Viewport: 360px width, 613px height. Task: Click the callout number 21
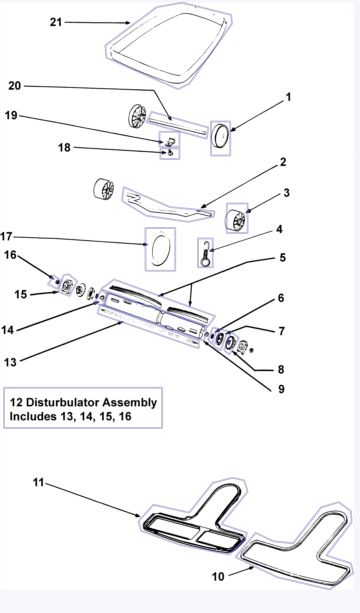click(56, 22)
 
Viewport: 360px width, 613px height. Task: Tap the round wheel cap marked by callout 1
click(220, 137)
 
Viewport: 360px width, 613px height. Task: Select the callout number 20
click(14, 85)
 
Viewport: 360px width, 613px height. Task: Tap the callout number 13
click(11, 361)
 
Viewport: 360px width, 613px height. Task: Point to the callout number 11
click(38, 482)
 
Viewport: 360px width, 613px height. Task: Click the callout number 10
click(218, 576)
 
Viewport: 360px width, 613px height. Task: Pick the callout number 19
click(11, 115)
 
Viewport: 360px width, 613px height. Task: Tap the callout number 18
click(64, 147)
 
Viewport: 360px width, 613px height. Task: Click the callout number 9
click(280, 389)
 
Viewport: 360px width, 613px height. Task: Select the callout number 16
click(11, 255)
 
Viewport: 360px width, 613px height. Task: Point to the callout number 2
click(282, 161)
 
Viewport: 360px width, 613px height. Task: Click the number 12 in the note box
click(16, 402)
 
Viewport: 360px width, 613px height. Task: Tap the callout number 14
click(7, 330)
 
